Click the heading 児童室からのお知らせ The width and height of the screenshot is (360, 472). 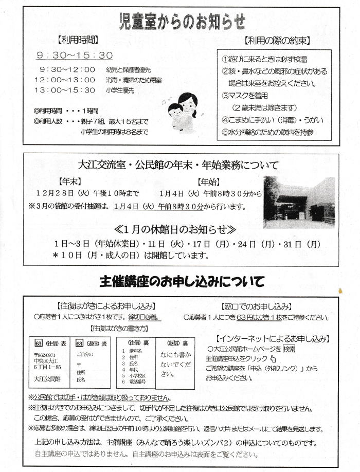pos(181,22)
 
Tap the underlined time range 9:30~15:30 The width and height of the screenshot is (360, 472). pos(74,56)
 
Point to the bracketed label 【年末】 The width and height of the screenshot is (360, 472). pos(70,181)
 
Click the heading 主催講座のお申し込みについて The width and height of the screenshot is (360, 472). pos(182,281)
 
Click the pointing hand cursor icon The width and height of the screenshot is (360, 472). pos(273,358)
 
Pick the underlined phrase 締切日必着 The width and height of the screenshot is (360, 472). pos(145,317)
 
